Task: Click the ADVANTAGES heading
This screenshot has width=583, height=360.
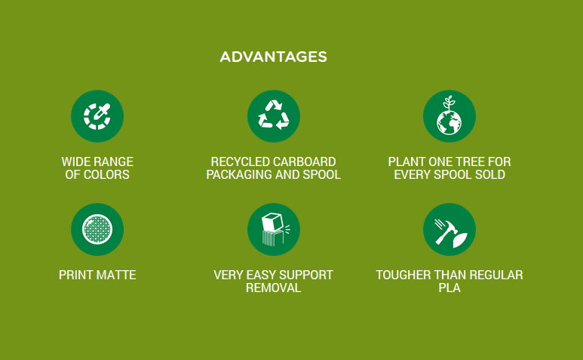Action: (273, 57)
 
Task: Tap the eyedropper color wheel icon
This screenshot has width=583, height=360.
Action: (97, 116)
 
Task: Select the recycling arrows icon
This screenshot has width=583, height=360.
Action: (274, 116)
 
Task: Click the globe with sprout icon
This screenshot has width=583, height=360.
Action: (450, 116)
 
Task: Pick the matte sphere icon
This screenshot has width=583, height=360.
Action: (97, 229)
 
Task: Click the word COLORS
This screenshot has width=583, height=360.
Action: (106, 175)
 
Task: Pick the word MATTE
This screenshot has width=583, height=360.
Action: (116, 275)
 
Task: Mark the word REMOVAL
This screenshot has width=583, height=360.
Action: (273, 288)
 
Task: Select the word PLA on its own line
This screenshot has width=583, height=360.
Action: (450, 288)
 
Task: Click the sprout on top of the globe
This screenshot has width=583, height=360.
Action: (450, 103)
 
